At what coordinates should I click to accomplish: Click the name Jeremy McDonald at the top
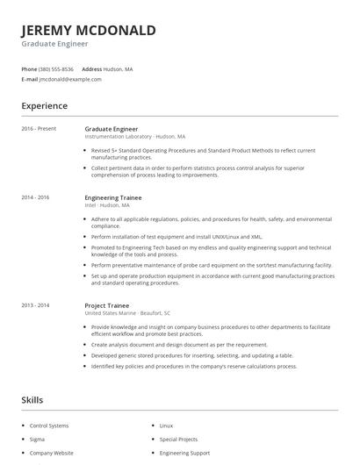(x=89, y=30)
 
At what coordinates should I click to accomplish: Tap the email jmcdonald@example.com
(x=70, y=79)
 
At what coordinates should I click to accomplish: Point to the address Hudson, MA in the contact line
(x=119, y=68)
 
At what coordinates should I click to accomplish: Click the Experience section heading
(x=45, y=105)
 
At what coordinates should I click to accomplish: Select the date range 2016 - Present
(x=39, y=129)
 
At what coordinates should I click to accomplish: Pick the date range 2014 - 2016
(x=36, y=197)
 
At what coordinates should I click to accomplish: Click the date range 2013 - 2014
(x=36, y=304)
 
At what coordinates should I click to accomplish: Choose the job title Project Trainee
(x=107, y=304)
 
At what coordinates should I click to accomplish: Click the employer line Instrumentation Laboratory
(x=133, y=137)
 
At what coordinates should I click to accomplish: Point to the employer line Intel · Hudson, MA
(x=107, y=205)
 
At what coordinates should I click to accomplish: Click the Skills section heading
(x=32, y=399)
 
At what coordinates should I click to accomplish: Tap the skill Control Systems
(x=49, y=426)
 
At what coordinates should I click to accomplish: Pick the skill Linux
(x=166, y=426)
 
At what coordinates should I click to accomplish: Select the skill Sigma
(x=38, y=440)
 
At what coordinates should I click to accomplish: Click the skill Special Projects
(x=178, y=440)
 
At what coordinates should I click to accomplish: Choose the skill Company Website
(x=51, y=454)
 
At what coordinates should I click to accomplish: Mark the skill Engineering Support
(x=184, y=454)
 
